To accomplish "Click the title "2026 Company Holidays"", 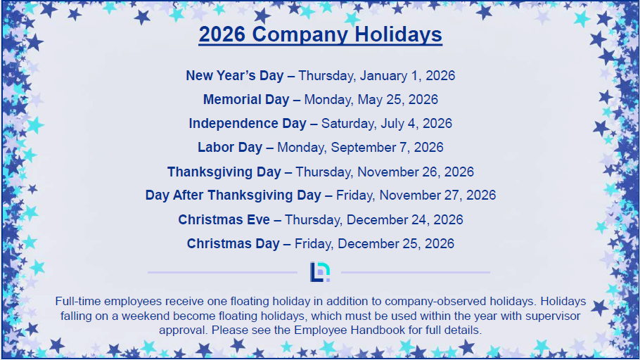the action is tap(321, 34).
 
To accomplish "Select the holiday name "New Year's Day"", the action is tap(235, 75).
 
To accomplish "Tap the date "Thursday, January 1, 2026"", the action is tap(376, 76).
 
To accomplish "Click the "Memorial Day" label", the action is tap(246, 100).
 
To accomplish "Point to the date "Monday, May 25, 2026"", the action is tap(371, 100).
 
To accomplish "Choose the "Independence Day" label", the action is tap(248, 124).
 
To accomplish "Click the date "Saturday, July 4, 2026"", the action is tap(387, 124).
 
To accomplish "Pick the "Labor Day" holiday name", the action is tap(230, 148).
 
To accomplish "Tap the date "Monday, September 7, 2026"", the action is tap(360, 148).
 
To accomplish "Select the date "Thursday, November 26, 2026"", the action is tap(385, 172).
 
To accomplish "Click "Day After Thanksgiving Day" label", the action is tap(233, 195).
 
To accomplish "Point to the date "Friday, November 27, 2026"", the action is tap(416, 195).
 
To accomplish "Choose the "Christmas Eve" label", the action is tap(224, 219).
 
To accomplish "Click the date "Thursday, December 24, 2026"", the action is tap(374, 220).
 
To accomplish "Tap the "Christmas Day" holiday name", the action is tap(233, 244).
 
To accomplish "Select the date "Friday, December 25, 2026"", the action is tap(374, 244).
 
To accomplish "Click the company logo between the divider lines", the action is tap(320, 272).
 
